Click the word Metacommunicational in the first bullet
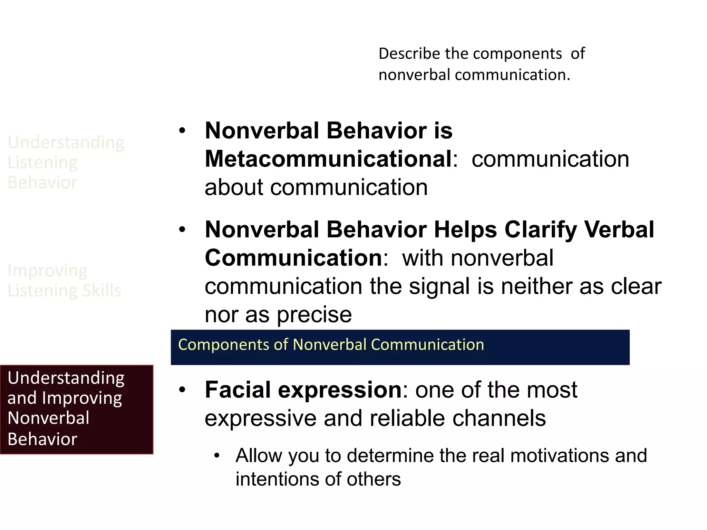coord(328,159)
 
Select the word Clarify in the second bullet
coord(540,230)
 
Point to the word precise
coord(314,315)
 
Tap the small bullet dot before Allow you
coord(217,455)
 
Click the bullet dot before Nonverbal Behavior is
coord(182,131)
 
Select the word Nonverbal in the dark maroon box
coord(48,418)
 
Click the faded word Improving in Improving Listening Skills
coord(47,271)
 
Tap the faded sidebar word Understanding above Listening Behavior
coord(66,142)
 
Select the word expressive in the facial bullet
coord(261,418)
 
